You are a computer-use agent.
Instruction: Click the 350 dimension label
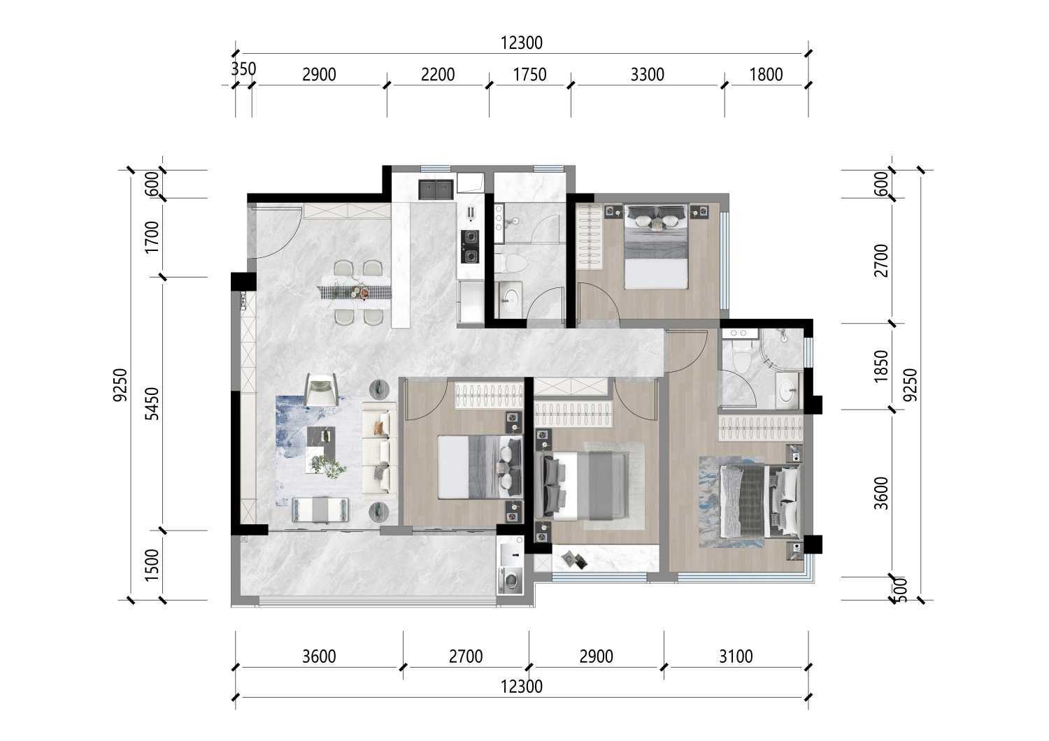(x=243, y=69)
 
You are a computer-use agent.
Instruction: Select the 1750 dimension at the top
(x=529, y=75)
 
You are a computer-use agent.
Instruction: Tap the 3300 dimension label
(x=647, y=75)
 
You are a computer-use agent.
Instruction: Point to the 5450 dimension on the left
(x=152, y=404)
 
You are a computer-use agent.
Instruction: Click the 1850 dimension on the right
(x=881, y=366)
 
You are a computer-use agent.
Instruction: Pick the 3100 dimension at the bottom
(x=736, y=656)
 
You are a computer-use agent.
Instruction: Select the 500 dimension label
(x=900, y=590)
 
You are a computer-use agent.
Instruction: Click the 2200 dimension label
(x=438, y=75)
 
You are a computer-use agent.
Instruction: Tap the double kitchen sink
(x=436, y=189)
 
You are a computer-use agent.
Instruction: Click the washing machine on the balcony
(x=511, y=580)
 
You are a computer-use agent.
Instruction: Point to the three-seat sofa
(x=380, y=453)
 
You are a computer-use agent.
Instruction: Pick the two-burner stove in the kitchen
(x=470, y=247)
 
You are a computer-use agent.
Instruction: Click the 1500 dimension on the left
(x=152, y=566)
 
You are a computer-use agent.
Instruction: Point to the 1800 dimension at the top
(x=766, y=75)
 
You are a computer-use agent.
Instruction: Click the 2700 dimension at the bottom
(x=466, y=656)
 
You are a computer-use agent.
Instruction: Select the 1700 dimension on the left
(x=152, y=237)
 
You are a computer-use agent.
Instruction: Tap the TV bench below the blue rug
(x=320, y=510)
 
